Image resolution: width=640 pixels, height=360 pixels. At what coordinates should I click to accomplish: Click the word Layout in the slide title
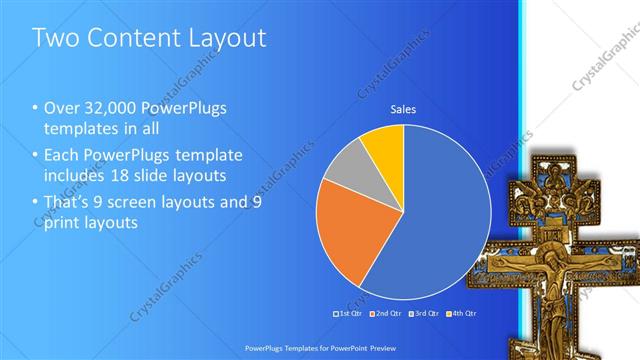225,39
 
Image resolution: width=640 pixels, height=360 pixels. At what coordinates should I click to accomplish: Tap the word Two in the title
56,39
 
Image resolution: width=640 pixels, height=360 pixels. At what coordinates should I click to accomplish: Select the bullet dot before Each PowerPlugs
36,156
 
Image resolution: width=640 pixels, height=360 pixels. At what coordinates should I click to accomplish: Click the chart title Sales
403,110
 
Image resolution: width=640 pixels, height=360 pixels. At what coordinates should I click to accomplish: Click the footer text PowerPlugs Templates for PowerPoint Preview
320,343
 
